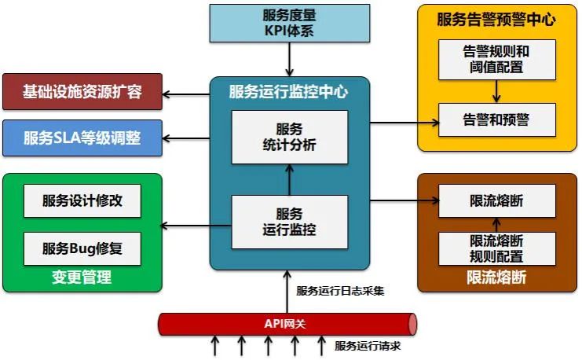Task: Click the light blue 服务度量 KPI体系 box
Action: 290,23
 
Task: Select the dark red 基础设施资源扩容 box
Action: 82,92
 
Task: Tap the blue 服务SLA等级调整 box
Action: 82,138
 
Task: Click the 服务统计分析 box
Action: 290,138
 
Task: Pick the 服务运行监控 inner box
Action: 290,222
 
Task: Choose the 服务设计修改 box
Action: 82,200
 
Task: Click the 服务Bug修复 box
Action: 82,248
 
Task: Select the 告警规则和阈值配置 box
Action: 496,60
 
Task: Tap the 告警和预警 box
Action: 496,119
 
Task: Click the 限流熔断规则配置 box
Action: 496,248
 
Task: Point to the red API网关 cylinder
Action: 287,324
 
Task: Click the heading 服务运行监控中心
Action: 289,92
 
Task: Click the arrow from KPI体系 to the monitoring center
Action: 290,59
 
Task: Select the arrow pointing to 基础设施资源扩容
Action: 186,94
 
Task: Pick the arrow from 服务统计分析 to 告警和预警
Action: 404,122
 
